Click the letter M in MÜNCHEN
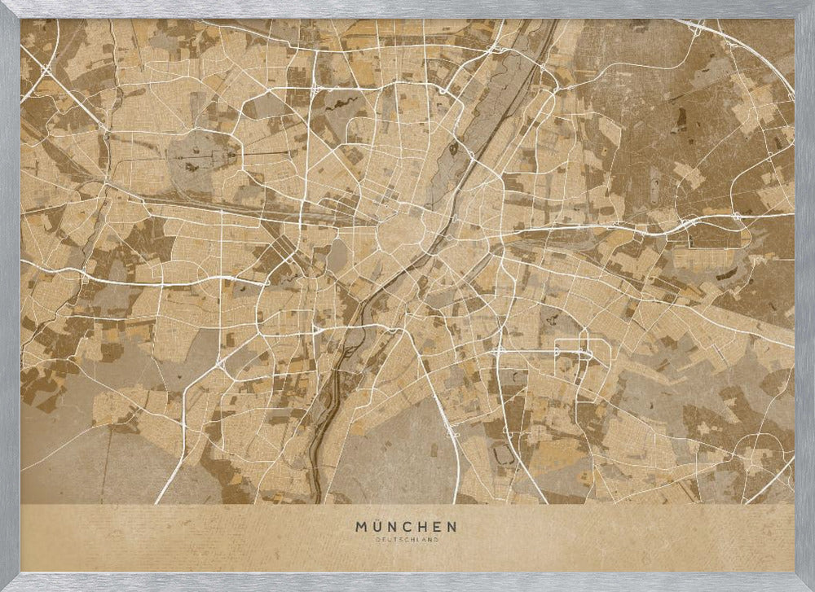(361, 527)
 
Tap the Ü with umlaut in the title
(379, 526)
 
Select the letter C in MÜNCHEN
(412, 527)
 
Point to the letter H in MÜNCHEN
(428, 527)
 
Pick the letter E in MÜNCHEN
(441, 527)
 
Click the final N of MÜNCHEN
(453, 527)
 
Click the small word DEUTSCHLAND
(407, 539)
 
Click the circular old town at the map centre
(399, 233)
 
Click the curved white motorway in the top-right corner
(758, 57)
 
